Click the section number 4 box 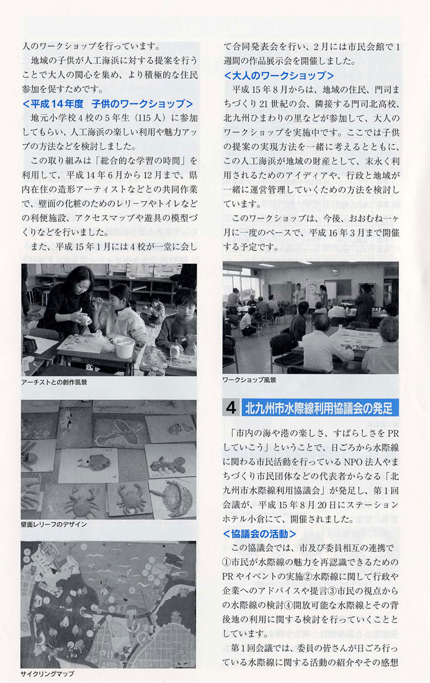pyautogui.click(x=231, y=408)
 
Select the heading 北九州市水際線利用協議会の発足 pyautogui.click(x=319, y=408)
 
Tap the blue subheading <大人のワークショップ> pyautogui.click(x=279, y=75)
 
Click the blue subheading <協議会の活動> pyautogui.click(x=259, y=533)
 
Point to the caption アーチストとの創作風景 pyautogui.click(x=54, y=382)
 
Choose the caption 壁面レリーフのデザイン pyautogui.click(x=54, y=525)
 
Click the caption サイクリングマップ pyautogui.click(x=47, y=674)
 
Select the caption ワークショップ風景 pyautogui.click(x=249, y=380)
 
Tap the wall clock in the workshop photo pyautogui.click(x=336, y=272)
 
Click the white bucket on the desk pyautogui.click(x=125, y=346)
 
